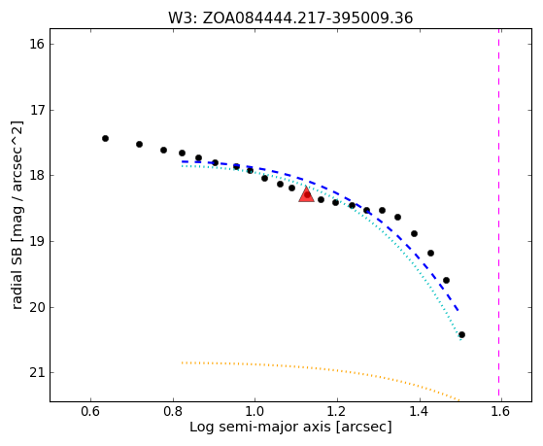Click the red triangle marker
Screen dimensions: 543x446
point(307,195)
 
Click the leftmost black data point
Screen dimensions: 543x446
point(105,139)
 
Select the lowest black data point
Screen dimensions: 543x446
point(461,335)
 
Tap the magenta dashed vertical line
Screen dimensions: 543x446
point(498,212)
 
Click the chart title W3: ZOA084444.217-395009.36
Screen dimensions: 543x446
point(290,18)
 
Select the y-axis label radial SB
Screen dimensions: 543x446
point(17,262)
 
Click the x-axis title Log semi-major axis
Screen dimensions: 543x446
point(260,427)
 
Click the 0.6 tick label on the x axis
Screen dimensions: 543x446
point(90,411)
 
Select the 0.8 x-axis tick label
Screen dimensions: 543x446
point(173,411)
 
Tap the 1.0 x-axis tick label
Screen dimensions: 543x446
point(255,411)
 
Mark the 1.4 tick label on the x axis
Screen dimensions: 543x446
point(420,411)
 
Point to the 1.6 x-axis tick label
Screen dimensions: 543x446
point(501,411)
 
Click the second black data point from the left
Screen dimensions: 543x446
point(139,144)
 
